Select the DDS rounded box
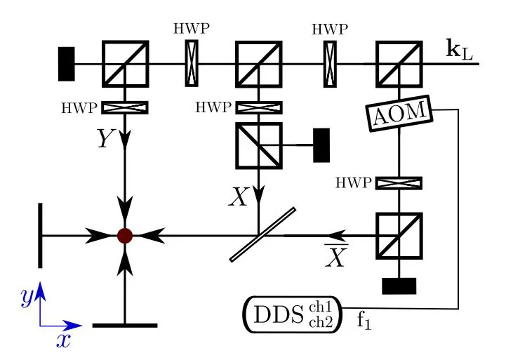coord(291,313)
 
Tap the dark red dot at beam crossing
coord(125,235)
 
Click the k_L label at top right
coord(460,50)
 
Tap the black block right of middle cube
coord(321,144)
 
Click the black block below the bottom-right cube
coord(399,286)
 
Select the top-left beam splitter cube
coord(125,64)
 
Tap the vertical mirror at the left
coord(40,235)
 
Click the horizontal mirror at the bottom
coord(125,326)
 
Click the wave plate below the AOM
coord(399,182)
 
